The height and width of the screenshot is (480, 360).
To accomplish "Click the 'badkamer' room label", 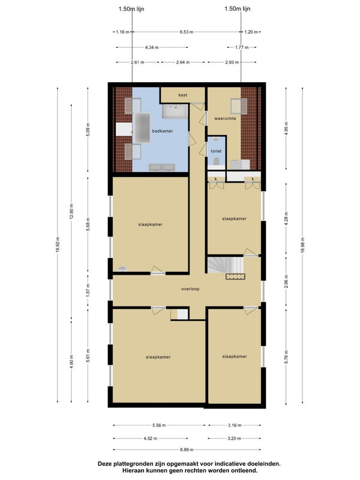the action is click(162, 131).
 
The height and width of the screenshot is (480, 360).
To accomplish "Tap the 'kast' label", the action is click(183, 95).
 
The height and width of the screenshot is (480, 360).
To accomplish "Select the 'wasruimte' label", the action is click(225, 118).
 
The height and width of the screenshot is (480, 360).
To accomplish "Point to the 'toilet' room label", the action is click(216, 151).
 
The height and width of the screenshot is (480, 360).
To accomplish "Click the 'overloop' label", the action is click(190, 289).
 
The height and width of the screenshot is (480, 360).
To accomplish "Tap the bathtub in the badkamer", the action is click(142, 128).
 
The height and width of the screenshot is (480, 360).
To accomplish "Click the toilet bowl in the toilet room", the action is click(216, 161).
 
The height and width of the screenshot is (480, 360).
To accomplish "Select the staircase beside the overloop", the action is click(226, 265).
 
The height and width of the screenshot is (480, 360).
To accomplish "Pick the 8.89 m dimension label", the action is click(187, 449).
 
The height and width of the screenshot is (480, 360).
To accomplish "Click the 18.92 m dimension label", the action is click(58, 245).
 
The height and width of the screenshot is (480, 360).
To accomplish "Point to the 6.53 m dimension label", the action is click(187, 32).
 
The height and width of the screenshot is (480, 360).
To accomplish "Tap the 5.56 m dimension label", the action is click(159, 425).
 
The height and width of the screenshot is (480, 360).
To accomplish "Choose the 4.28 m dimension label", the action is click(286, 218).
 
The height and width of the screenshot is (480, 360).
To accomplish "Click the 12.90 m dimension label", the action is click(71, 212).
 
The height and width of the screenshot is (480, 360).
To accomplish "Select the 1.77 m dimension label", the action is click(242, 47).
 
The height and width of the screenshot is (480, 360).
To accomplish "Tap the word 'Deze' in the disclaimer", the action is click(104, 464).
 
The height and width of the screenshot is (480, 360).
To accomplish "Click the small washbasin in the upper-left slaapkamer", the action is click(122, 269).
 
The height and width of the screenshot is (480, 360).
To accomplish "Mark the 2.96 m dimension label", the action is click(286, 281).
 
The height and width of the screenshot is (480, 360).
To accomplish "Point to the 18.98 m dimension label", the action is click(302, 245).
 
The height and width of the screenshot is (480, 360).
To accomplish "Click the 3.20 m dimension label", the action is click(234, 439).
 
